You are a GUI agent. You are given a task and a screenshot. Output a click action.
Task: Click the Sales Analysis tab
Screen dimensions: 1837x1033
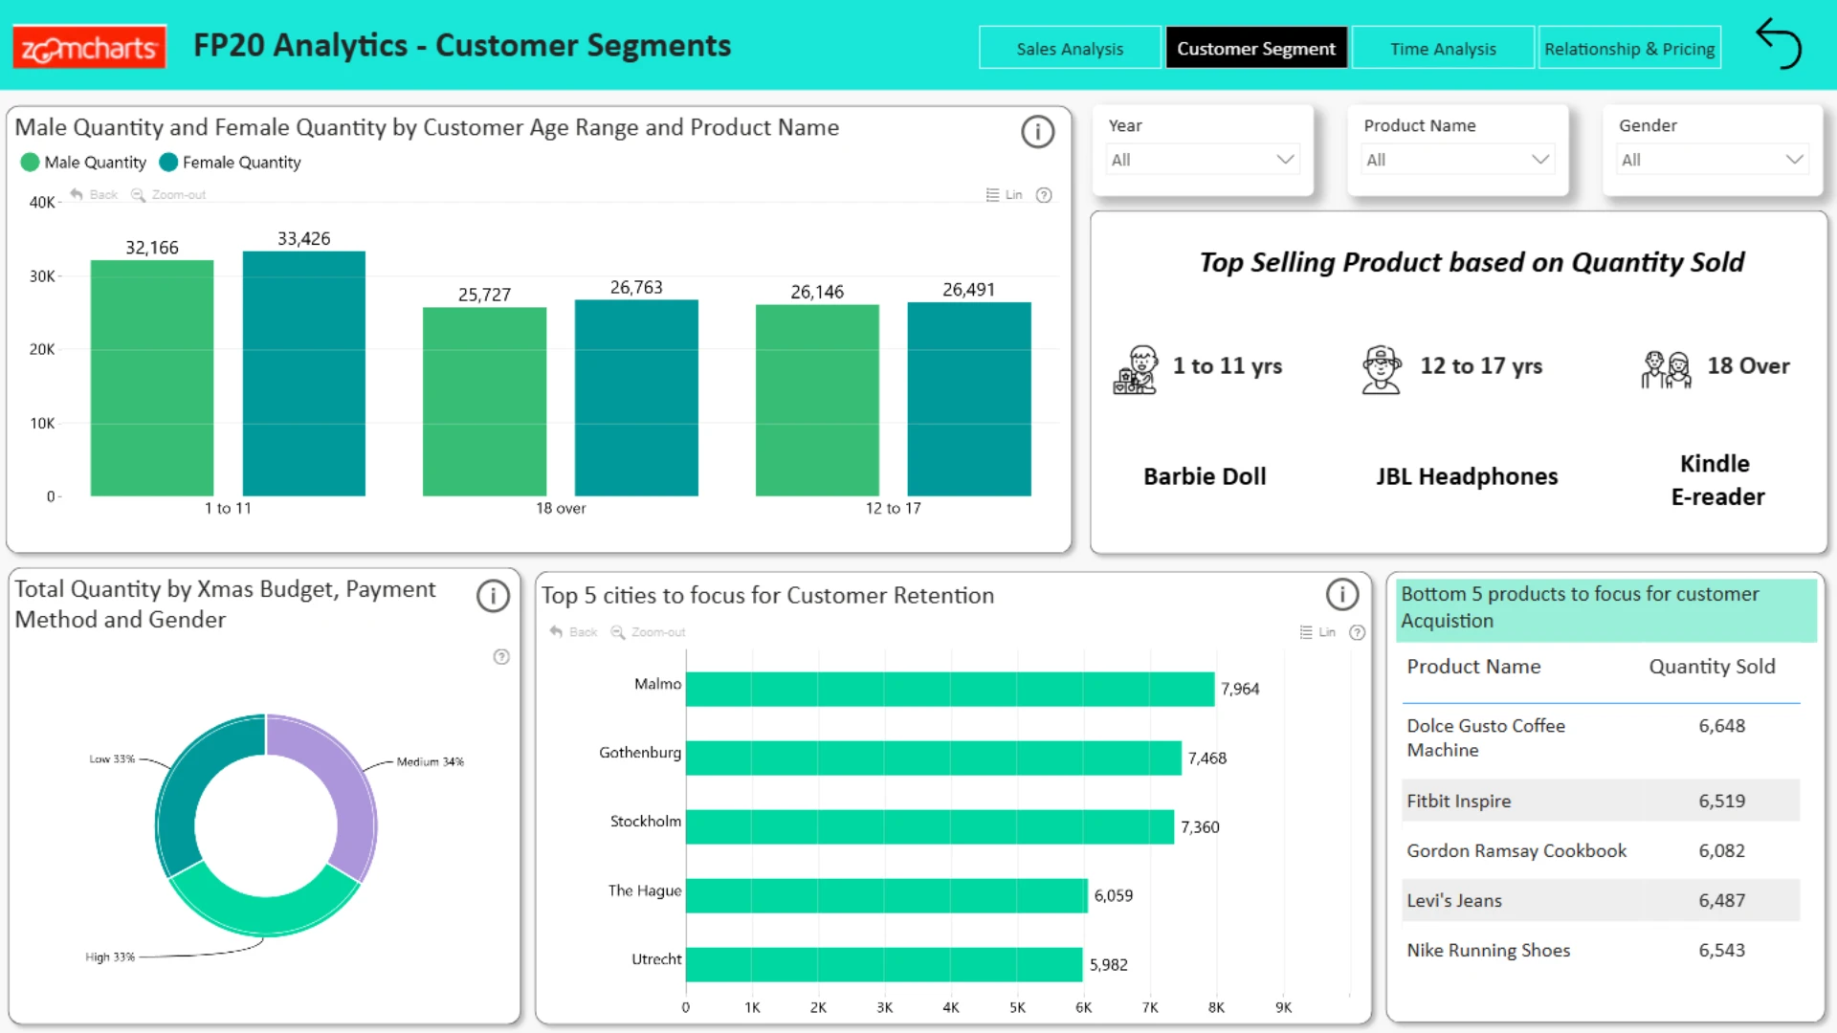click(1070, 48)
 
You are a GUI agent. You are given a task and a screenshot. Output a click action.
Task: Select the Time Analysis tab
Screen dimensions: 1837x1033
click(1443, 48)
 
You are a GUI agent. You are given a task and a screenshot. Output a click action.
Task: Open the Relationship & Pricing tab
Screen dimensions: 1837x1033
click(1629, 48)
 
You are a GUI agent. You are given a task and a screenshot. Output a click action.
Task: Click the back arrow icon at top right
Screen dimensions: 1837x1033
click(1779, 44)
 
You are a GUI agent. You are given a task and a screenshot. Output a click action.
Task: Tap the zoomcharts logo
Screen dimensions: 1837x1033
click(89, 47)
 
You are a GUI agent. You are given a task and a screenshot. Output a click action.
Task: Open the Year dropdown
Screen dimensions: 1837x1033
click(1203, 160)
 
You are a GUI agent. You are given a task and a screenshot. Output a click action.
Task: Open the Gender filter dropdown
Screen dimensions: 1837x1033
click(1713, 160)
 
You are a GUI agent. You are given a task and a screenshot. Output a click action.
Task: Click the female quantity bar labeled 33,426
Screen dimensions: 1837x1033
click(304, 373)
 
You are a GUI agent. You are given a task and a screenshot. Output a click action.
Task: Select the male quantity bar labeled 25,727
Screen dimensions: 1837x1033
click(484, 402)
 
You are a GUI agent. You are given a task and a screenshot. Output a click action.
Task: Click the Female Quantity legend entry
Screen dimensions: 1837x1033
click(230, 163)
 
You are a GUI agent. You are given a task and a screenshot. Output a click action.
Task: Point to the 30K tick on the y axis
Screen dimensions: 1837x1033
click(42, 276)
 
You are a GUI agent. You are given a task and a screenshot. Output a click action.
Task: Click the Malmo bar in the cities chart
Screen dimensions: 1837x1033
click(950, 689)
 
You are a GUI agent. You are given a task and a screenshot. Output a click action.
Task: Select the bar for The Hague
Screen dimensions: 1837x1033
click(887, 895)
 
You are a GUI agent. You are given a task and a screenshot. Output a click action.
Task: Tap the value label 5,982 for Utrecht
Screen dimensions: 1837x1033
click(1109, 965)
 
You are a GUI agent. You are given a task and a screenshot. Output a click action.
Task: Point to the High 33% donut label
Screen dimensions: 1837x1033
click(110, 957)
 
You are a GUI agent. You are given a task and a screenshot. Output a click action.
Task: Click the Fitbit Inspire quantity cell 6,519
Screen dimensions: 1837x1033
click(1722, 802)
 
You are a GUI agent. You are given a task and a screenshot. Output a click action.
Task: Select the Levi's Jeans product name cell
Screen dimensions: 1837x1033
click(1454, 901)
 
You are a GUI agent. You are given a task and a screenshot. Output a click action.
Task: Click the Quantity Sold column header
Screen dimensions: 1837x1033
click(1712, 667)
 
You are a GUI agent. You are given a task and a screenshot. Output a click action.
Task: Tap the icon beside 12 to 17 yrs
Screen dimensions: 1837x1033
click(1382, 370)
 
